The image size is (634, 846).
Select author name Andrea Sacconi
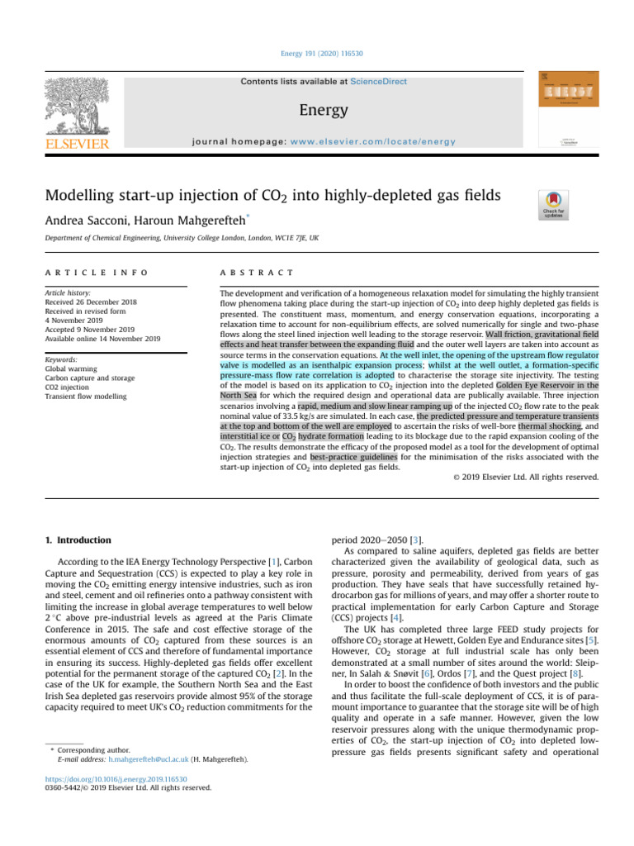[x=97, y=221]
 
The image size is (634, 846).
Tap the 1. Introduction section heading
[x=77, y=539]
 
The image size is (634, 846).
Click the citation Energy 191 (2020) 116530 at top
[x=316, y=54]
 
